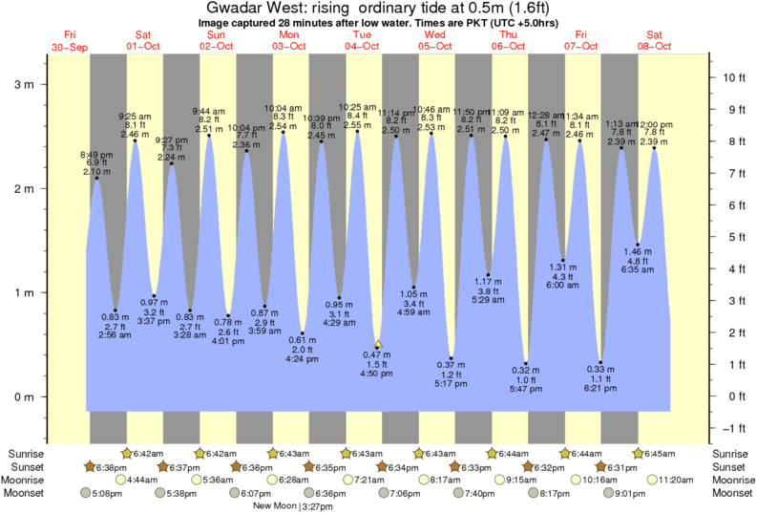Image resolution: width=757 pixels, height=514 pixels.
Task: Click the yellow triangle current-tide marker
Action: click(x=378, y=344)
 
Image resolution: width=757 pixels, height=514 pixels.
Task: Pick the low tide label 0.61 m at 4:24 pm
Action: click(x=302, y=350)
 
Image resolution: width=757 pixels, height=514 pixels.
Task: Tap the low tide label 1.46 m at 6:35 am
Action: click(x=638, y=261)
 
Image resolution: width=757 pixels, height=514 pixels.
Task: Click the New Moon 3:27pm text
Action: click(x=285, y=505)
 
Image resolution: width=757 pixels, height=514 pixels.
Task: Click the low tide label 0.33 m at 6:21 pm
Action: click(x=600, y=379)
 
